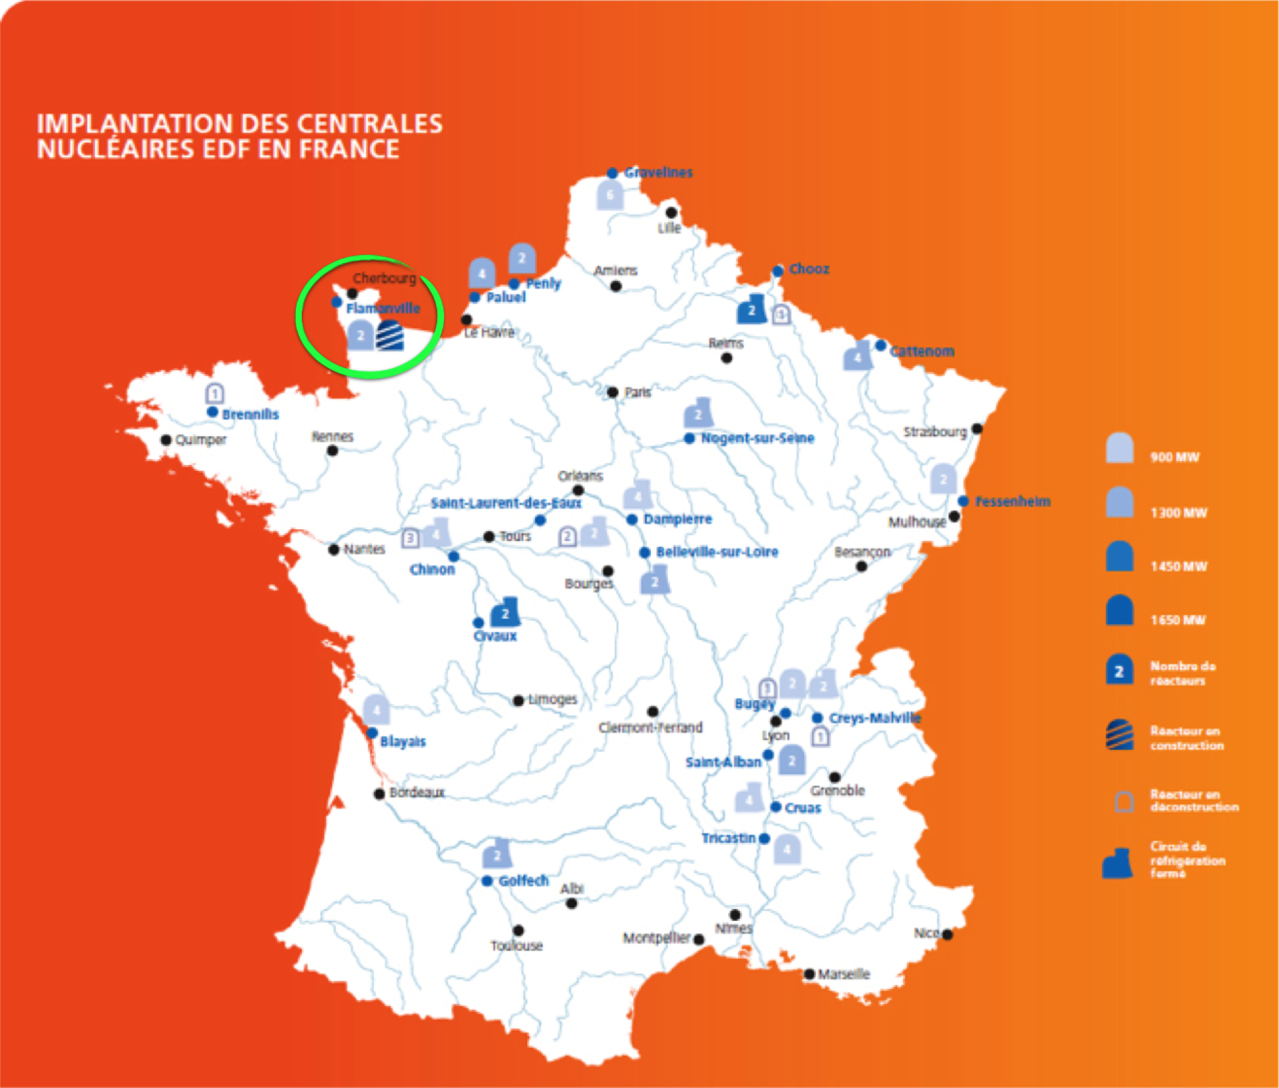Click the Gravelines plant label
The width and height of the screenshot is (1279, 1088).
tap(658, 172)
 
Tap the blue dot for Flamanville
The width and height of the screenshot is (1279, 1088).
tap(337, 302)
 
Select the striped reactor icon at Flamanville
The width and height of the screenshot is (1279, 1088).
tap(390, 335)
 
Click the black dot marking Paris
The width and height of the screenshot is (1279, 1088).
tap(612, 392)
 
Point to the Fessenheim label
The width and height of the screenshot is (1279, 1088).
tap(1013, 501)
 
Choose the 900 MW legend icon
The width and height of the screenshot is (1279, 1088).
tap(1120, 449)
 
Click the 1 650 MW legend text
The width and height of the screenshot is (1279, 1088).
tap(1178, 620)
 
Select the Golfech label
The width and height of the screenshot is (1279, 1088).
tap(523, 881)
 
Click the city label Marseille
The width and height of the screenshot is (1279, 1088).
tap(844, 974)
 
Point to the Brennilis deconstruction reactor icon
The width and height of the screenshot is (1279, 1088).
tap(214, 393)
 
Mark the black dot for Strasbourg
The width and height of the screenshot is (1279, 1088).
tap(977, 429)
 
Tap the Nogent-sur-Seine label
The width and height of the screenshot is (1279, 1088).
tap(757, 438)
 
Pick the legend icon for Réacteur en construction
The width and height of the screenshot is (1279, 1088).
tap(1120, 735)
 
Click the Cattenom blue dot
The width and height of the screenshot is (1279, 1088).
tap(881, 345)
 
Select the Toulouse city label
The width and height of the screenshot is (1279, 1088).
tap(516, 945)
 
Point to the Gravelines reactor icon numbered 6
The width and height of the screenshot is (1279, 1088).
tap(610, 196)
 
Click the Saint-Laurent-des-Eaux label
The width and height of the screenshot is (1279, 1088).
tap(506, 503)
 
